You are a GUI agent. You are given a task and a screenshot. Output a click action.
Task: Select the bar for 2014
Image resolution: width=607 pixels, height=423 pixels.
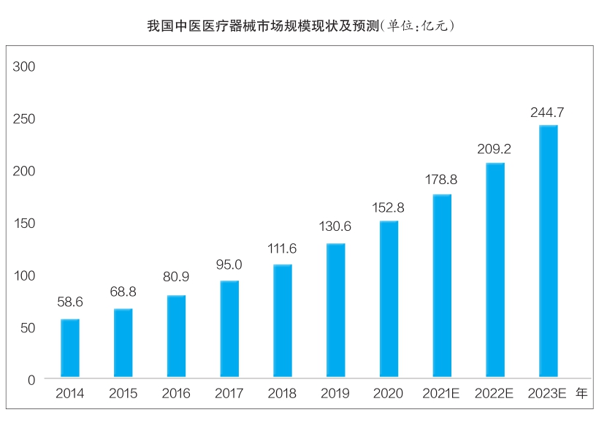70,348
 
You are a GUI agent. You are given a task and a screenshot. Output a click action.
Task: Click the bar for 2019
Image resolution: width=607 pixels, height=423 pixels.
335,310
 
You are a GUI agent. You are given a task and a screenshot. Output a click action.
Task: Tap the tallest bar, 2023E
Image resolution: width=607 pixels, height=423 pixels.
548,252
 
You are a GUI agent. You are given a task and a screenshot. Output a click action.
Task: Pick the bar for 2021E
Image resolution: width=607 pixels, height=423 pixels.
441,286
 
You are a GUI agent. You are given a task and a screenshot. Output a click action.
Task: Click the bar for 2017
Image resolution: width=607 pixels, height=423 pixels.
229,329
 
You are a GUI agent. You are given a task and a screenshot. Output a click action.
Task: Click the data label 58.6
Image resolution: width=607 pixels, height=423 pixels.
70,301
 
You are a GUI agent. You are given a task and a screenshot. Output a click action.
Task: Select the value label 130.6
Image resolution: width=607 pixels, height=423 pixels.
335,226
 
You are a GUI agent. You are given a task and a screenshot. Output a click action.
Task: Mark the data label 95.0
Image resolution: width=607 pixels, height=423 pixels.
229,264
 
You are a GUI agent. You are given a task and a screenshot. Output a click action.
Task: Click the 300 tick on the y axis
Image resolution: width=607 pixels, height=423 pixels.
25,66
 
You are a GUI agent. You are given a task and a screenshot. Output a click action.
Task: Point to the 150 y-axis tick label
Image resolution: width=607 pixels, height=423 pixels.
25,224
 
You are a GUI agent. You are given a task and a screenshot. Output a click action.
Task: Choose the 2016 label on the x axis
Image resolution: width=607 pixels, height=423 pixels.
176,394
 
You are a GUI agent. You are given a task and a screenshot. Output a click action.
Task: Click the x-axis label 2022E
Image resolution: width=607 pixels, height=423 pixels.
495,394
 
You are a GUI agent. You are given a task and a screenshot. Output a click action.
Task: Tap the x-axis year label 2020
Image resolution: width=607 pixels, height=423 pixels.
388,394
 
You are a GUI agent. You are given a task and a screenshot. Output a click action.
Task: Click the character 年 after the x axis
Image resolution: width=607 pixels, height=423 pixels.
582,393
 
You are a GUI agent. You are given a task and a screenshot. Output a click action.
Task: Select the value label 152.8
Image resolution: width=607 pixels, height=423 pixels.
388,207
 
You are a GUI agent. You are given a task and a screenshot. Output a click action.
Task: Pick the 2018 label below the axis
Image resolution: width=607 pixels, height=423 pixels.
282,394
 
